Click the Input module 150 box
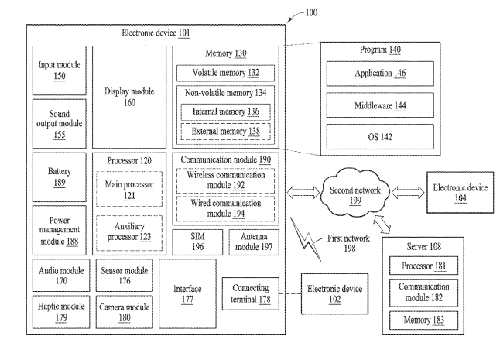tap(60, 69)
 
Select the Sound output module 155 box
tap(60, 122)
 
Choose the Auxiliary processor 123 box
tap(128, 231)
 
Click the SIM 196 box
tap(197, 242)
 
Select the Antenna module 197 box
tap(255, 242)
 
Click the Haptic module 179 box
tap(60, 311)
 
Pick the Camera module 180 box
tap(125, 311)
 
